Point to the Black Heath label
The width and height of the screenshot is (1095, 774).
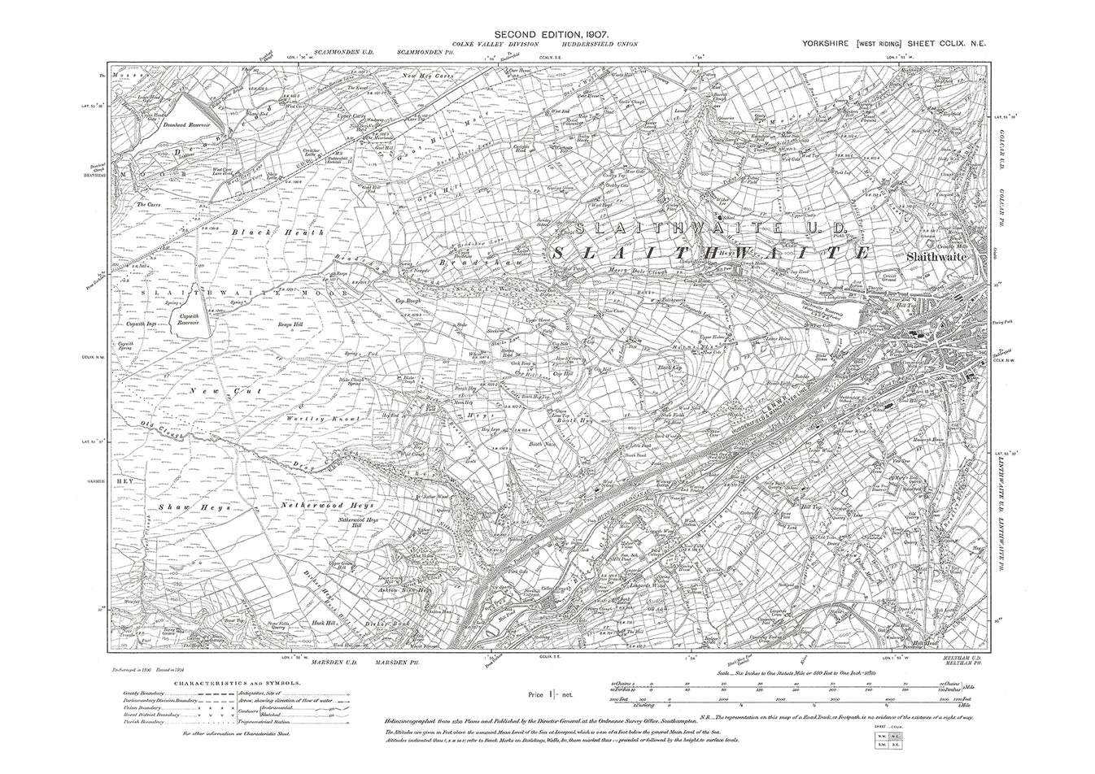click(279, 233)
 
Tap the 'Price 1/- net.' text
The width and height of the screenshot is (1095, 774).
click(548, 694)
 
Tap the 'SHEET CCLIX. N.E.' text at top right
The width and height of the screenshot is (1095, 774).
click(949, 46)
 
